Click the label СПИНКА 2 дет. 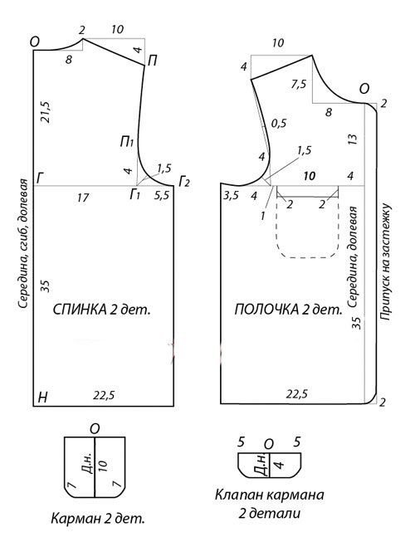tap(102, 310)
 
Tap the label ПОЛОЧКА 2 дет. tap(289, 310)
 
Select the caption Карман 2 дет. tap(98, 519)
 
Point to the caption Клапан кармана tap(270, 495)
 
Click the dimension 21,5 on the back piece tap(46, 112)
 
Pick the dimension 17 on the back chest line tap(83, 198)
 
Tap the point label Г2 tap(184, 182)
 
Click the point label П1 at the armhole tap(126, 142)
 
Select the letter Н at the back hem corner tap(42, 398)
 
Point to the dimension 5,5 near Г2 tap(161, 196)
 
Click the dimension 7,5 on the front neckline tap(298, 85)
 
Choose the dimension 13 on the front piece tap(353, 139)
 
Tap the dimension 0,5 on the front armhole tap(279, 124)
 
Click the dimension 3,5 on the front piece tap(231, 196)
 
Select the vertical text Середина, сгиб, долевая tap(24, 244)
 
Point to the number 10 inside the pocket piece tap(103, 466)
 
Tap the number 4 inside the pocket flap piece tap(280, 463)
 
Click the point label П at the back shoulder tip tap(152, 61)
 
